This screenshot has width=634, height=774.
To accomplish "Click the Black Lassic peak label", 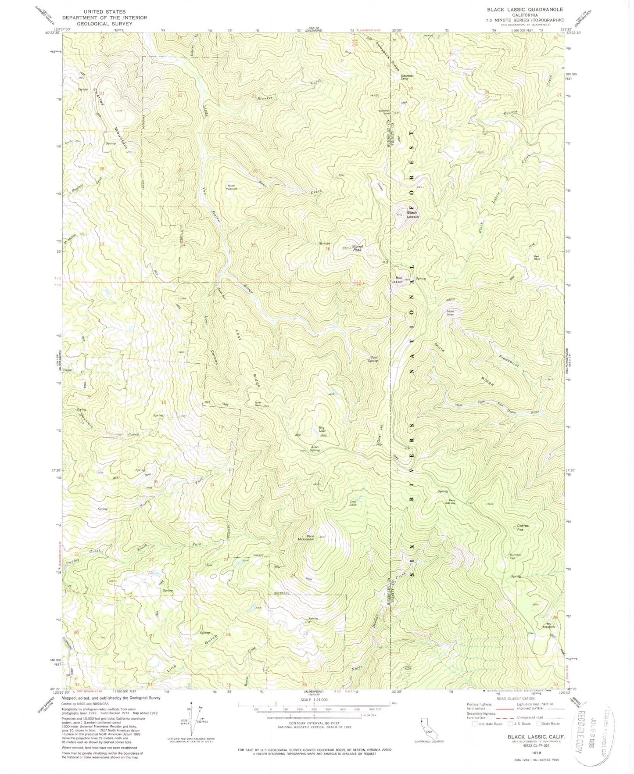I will [x=412, y=215].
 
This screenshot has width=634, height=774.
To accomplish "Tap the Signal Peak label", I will [x=358, y=248].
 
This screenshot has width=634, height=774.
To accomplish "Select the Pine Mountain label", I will [x=306, y=537].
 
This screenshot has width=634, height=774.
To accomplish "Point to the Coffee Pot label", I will [x=523, y=527].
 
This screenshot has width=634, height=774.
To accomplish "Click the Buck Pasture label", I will [x=231, y=187].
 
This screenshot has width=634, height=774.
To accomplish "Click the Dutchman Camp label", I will [x=407, y=76].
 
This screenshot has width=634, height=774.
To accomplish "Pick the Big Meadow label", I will [x=548, y=625].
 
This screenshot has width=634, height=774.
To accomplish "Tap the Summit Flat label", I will [x=515, y=556].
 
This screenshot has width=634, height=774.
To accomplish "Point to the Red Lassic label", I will [x=399, y=279].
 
